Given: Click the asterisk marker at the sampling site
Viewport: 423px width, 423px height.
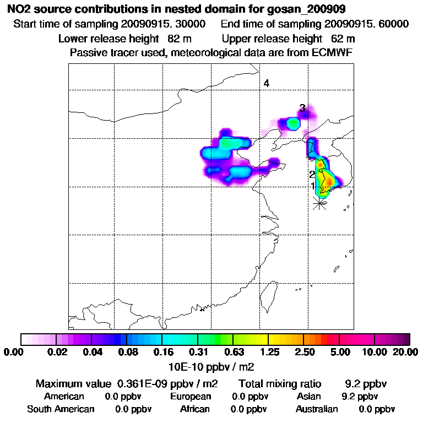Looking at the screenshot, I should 319,203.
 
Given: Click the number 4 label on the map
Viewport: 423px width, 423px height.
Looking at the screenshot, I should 266,84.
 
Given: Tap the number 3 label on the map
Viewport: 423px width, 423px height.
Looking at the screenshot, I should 302,108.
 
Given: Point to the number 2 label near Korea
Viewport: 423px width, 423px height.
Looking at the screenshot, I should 312,175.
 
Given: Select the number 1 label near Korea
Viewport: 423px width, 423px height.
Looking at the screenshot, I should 313,186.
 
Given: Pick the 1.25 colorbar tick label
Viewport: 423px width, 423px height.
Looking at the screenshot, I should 268,352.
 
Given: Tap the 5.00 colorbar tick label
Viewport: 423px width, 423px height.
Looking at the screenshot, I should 340,352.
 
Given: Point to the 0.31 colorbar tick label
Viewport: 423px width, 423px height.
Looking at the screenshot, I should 198,352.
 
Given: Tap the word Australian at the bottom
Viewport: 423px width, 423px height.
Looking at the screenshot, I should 317,409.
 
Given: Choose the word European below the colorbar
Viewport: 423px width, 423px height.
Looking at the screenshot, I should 190,397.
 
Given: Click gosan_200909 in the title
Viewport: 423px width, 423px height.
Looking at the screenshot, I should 315,10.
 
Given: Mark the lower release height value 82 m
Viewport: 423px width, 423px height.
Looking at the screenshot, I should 178,39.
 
